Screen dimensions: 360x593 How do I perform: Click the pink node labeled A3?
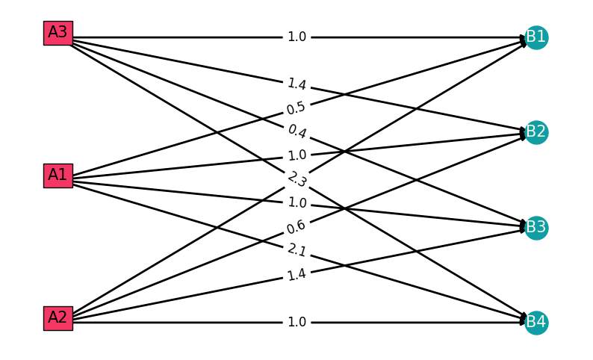click(x=58, y=33)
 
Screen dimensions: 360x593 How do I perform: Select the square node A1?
click(x=58, y=176)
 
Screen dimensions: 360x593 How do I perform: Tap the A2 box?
click(x=58, y=318)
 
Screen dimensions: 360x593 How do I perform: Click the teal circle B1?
click(x=536, y=37)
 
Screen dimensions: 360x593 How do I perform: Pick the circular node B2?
click(x=536, y=132)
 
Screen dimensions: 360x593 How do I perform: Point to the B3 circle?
click(x=536, y=227)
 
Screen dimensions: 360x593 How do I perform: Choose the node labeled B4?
click(x=536, y=323)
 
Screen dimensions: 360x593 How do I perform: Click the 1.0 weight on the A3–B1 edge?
click(x=296, y=37)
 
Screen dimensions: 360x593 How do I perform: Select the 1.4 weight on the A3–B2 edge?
click(x=296, y=84)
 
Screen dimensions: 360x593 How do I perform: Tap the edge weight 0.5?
click(x=296, y=108)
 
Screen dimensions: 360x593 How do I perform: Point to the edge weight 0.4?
click(x=296, y=131)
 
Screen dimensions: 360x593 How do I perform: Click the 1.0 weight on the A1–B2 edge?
click(x=296, y=155)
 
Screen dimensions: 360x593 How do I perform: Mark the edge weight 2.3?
click(x=296, y=179)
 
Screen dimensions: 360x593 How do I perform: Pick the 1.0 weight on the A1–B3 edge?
click(x=296, y=203)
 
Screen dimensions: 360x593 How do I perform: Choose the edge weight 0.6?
click(x=296, y=226)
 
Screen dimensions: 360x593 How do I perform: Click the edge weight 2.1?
click(x=296, y=250)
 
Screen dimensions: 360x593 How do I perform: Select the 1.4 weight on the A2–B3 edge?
click(x=296, y=275)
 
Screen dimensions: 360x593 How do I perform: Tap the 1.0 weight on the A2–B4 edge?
click(x=296, y=323)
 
